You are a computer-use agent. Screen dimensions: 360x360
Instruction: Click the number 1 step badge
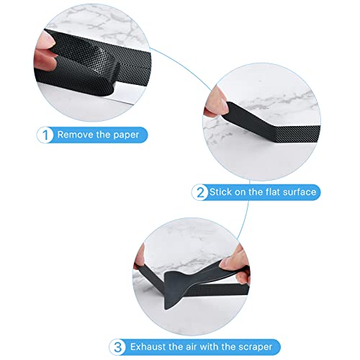pyautogui.click(x=45, y=135)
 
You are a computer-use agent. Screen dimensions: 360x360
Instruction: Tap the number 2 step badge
pyautogui.click(x=200, y=192)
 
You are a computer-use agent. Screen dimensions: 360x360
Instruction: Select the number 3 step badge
pyautogui.click(x=117, y=347)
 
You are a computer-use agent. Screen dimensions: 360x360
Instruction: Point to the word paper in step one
pyautogui.click(x=126, y=135)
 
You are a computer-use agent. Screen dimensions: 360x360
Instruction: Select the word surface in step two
pyautogui.click(x=300, y=192)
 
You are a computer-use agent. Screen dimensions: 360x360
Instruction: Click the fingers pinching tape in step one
pyautogui.click(x=45, y=52)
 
